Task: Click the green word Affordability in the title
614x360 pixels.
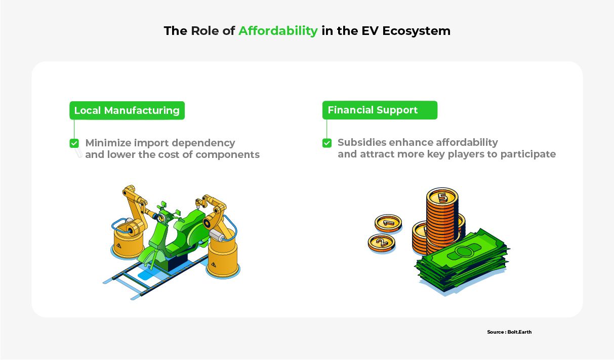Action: (x=278, y=31)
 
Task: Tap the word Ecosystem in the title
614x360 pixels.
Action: (x=417, y=31)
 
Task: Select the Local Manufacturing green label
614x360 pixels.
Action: (x=127, y=110)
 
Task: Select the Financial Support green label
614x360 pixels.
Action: (x=380, y=110)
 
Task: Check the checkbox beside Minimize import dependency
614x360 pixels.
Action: (x=74, y=143)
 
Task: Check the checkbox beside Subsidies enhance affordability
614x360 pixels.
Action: (x=326, y=143)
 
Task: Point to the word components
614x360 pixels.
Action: (x=227, y=155)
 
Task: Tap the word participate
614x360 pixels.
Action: (x=528, y=154)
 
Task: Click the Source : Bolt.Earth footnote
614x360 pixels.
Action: (x=509, y=332)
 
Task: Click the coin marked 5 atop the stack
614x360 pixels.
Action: (x=442, y=197)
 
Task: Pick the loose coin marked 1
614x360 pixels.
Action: (x=388, y=223)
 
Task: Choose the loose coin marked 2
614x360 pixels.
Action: (x=381, y=243)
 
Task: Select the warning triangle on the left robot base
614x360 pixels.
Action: (x=118, y=246)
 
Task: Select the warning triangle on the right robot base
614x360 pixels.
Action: (x=213, y=265)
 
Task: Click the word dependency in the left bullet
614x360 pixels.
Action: (x=203, y=143)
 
